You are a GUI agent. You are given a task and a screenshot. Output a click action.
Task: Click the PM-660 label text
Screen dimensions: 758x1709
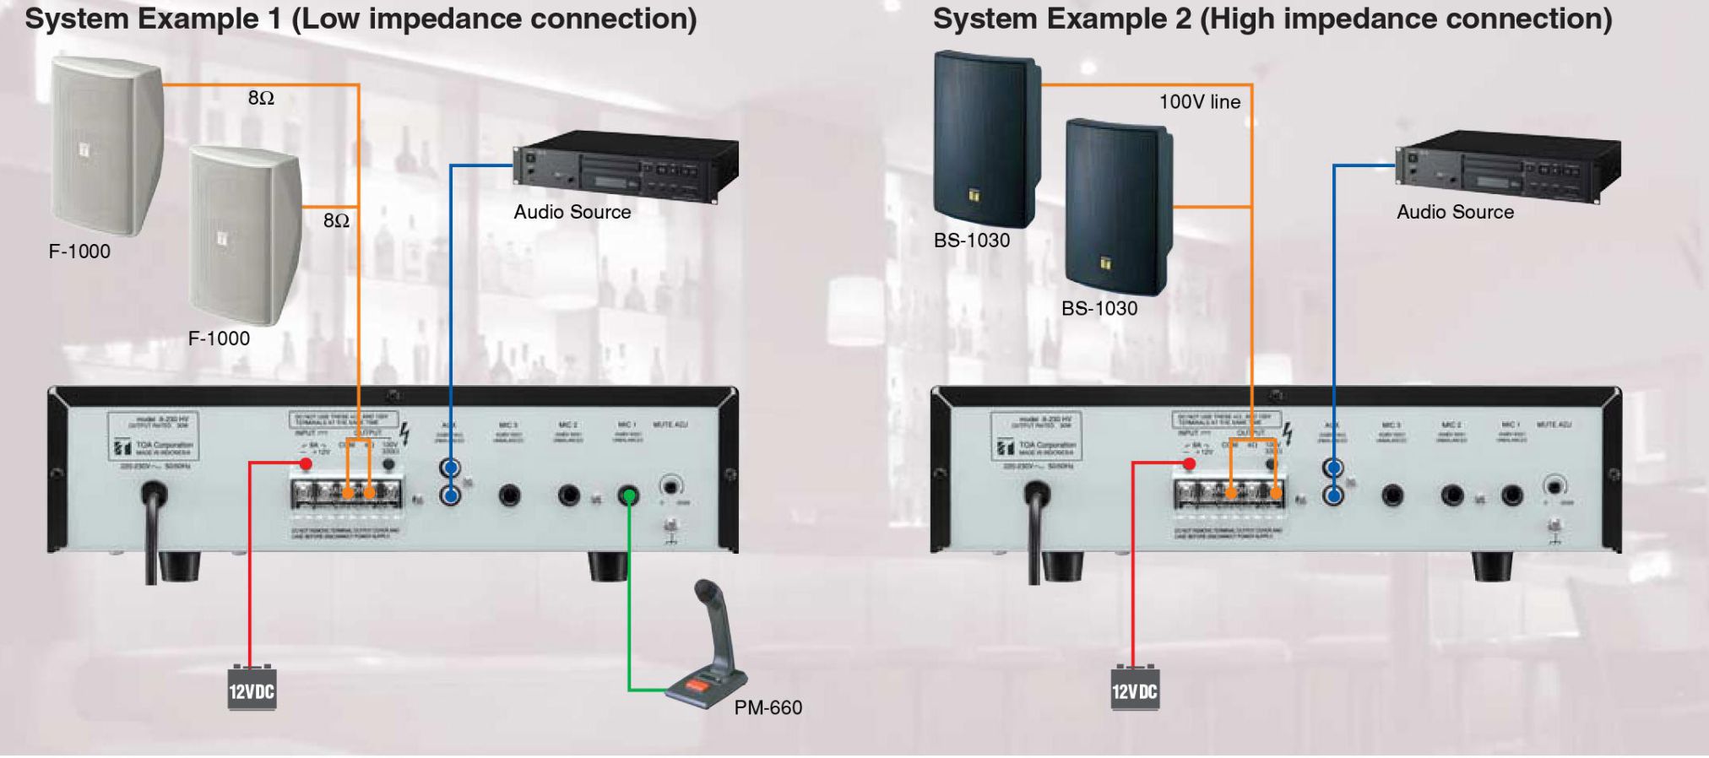coord(768,707)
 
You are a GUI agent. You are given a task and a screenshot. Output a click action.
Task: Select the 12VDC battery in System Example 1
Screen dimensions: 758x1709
coord(252,689)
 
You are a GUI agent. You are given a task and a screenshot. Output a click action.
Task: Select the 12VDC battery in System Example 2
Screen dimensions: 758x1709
coord(1134,689)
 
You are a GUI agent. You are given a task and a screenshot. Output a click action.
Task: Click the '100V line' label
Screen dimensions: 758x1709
coord(1199,102)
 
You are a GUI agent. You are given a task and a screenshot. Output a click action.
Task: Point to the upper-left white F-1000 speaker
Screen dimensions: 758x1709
coord(106,143)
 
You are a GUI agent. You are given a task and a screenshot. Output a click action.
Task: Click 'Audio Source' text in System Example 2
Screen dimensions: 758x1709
coord(1455,212)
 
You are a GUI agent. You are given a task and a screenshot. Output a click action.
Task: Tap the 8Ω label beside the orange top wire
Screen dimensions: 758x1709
coord(261,98)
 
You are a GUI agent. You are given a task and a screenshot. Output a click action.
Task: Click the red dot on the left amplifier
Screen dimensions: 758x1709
coord(306,464)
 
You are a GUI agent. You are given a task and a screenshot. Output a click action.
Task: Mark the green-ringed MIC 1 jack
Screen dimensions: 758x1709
coord(628,495)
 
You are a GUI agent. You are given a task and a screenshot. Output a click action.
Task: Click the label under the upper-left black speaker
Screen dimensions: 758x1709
coord(971,241)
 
